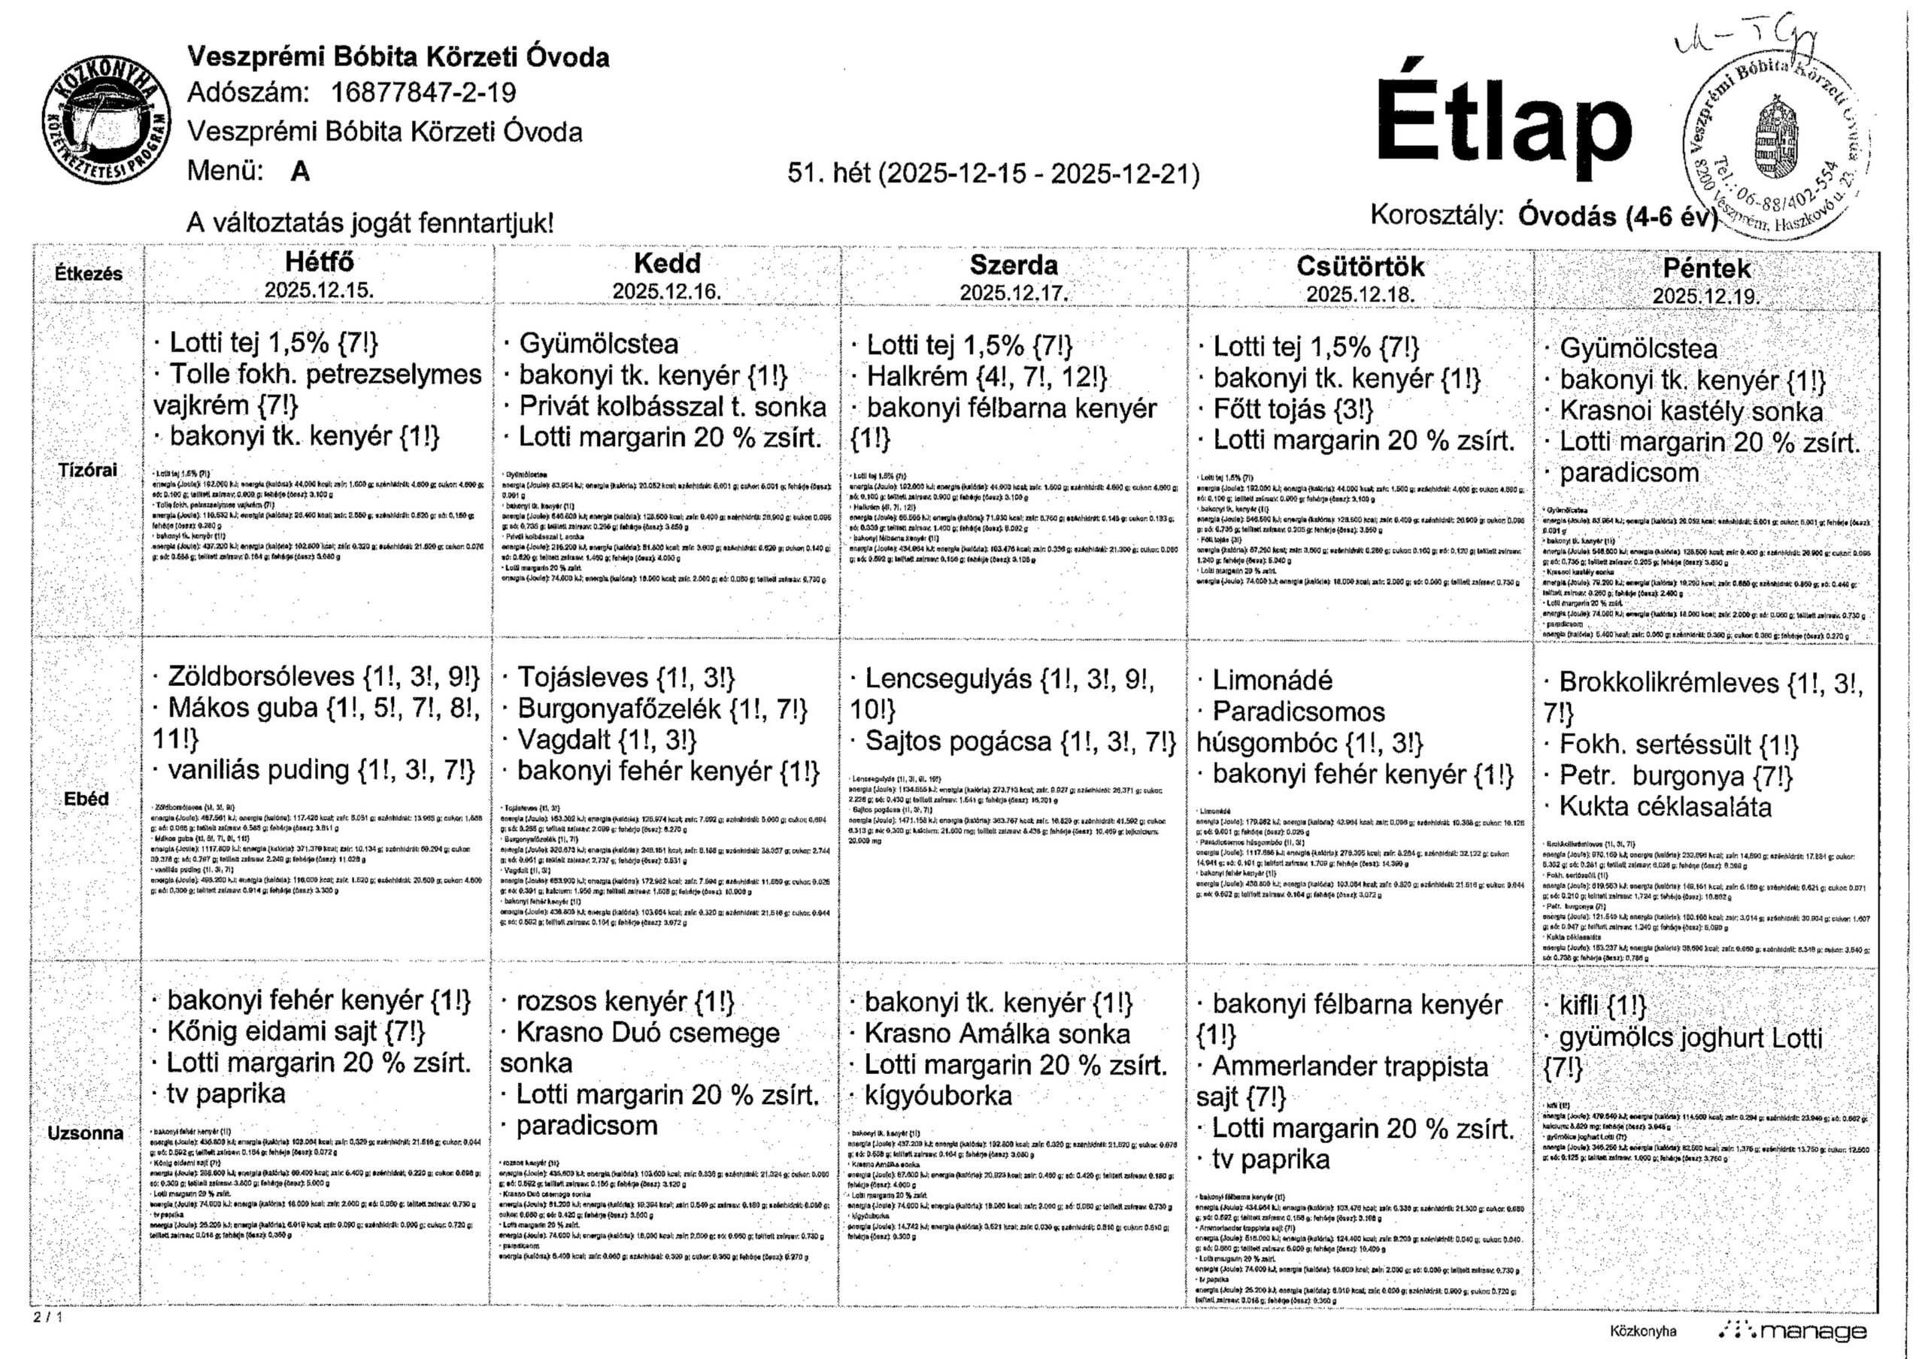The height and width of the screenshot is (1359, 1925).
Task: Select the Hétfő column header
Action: (x=319, y=262)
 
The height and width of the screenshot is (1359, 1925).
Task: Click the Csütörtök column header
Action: (x=1360, y=266)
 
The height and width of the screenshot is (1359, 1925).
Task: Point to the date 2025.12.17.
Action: (x=1014, y=293)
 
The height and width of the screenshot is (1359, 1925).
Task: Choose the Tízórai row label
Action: (x=87, y=469)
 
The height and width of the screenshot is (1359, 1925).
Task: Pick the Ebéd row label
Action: (x=86, y=799)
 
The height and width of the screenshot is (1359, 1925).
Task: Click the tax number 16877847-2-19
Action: (x=423, y=93)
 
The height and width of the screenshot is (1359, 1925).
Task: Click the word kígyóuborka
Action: (x=938, y=1096)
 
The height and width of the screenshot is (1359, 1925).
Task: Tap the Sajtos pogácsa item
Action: (x=958, y=742)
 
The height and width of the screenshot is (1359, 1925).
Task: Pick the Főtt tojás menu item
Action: (x=1269, y=409)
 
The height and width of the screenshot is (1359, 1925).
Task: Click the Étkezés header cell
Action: (x=89, y=273)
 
